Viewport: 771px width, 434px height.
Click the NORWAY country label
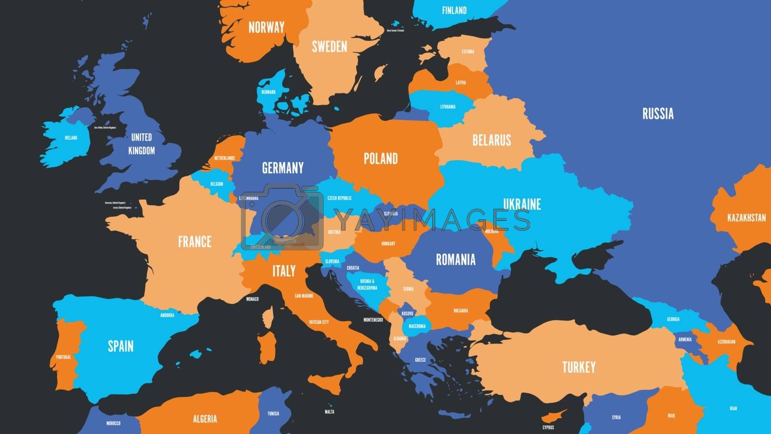tap(266, 27)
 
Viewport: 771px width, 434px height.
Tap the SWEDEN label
tap(329, 46)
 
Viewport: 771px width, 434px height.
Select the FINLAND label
tap(454, 10)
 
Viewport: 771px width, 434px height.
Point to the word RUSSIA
tap(658, 114)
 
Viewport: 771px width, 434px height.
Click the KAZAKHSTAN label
tap(746, 217)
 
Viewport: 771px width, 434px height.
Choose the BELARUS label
tap(492, 140)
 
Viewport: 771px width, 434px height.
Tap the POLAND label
tap(381, 158)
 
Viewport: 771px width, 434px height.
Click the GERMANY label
tap(283, 168)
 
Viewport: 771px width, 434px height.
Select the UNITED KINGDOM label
tap(142, 144)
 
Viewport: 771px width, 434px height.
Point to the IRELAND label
tap(71, 138)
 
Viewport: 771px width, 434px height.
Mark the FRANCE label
tap(195, 241)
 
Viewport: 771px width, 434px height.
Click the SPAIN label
tap(120, 346)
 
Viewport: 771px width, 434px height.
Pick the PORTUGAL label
tap(63, 357)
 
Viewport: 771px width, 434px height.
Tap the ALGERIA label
tap(205, 419)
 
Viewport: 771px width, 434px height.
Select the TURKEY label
tap(579, 367)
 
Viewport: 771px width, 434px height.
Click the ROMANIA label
tap(455, 259)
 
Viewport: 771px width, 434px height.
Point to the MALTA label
tap(330, 412)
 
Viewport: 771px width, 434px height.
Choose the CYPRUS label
tap(548, 427)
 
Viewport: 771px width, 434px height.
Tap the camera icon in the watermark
tap(282, 217)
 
